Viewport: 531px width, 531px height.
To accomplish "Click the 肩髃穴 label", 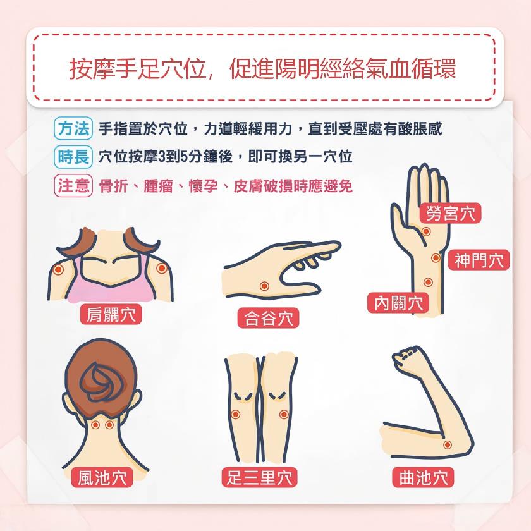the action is (111, 314).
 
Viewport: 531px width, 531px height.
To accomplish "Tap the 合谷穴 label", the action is (268, 318).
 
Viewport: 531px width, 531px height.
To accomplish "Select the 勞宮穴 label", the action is (450, 213).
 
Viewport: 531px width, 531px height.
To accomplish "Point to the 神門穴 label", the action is (479, 260).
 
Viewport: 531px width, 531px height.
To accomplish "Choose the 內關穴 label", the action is (398, 303).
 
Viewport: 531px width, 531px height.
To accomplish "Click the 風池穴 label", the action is (102, 477).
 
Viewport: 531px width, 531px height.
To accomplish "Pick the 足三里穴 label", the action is (259, 477).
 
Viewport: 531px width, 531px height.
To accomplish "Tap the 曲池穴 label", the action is (423, 477).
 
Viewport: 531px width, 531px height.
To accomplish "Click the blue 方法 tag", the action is (73, 128).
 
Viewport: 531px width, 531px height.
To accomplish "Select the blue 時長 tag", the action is (73, 157).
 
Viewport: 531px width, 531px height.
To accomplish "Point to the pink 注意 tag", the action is (73, 186).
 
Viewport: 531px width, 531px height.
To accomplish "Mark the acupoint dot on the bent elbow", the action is (448, 444).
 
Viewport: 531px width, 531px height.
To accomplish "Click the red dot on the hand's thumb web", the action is (264, 286).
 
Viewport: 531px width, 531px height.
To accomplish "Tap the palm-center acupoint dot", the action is (426, 231).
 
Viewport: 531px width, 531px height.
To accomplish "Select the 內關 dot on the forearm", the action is (428, 282).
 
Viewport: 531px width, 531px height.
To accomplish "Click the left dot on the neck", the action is (95, 425).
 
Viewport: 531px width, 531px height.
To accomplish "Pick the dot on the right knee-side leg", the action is (284, 414).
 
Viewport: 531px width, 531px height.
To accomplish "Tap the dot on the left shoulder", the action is (59, 270).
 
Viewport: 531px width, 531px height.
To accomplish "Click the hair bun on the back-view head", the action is (101, 382).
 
